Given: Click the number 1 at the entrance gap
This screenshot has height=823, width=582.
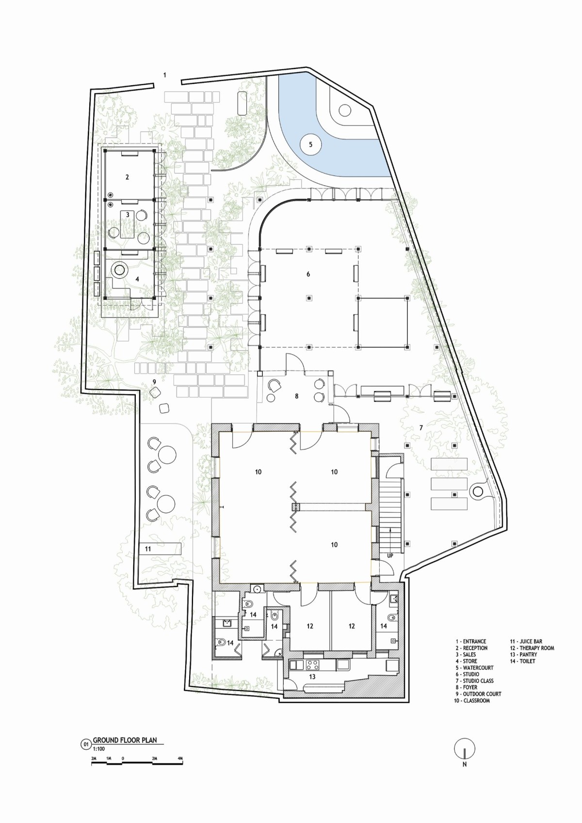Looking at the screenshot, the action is [165, 75].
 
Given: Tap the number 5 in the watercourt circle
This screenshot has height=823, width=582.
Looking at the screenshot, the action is [311, 144].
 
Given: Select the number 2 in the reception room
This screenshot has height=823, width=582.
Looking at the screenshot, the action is [127, 177].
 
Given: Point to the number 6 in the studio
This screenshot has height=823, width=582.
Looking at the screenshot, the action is [308, 274].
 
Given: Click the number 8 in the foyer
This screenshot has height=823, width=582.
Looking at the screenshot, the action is [296, 396].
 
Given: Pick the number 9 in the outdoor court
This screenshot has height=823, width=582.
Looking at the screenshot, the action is [154, 382].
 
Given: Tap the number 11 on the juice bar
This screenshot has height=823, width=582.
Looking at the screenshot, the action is [148, 549].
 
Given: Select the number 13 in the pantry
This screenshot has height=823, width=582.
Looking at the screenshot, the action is [312, 677].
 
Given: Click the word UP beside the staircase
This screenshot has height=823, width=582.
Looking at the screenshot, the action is [390, 556].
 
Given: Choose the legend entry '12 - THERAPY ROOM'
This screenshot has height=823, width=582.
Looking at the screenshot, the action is [532, 648].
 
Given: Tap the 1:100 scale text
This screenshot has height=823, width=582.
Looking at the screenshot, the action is [98, 746].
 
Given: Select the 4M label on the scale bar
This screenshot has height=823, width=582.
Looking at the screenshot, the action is [180, 757].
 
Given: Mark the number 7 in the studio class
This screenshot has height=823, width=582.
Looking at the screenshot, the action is [421, 427].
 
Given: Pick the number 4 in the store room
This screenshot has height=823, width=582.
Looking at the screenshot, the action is [137, 279].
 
